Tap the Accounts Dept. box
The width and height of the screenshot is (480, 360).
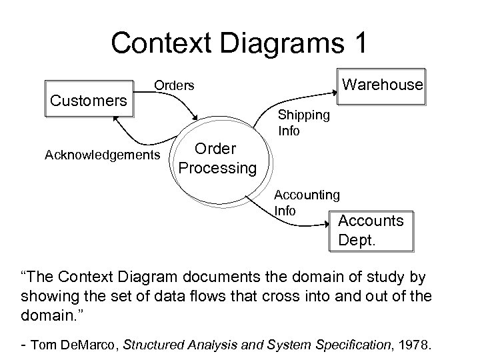[371, 230]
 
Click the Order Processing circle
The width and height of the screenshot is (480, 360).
[217, 159]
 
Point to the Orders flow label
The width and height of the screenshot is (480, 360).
[174, 86]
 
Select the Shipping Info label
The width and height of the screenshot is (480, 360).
[304, 123]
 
